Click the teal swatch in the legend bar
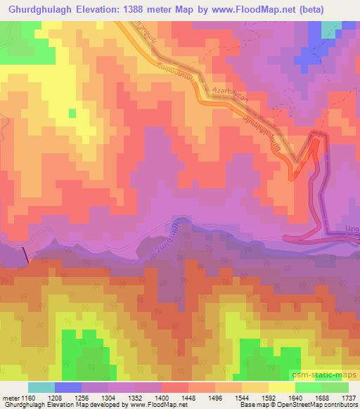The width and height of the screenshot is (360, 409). point(41,387)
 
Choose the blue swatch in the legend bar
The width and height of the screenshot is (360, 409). point(68,387)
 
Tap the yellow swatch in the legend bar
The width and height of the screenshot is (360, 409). point(281,387)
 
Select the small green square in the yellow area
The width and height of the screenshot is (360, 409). point(72,112)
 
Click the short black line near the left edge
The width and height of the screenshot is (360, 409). point(27,255)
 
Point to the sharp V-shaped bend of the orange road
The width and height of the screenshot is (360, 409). point(296,167)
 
